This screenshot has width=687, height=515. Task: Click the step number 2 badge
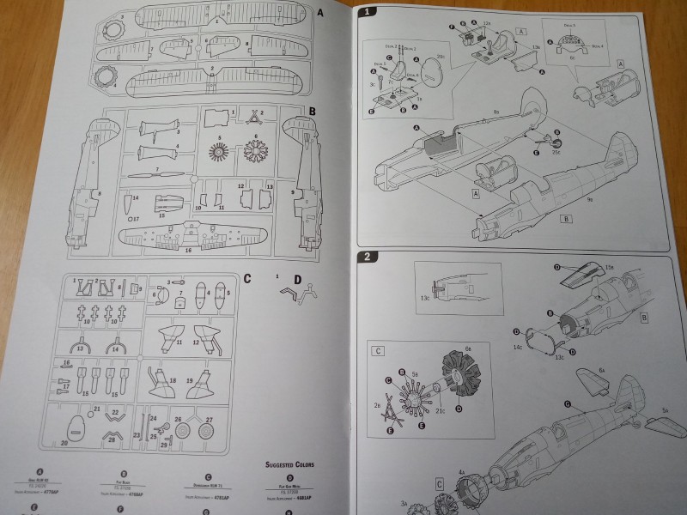[367, 257]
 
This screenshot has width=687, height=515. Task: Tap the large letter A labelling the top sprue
[320, 13]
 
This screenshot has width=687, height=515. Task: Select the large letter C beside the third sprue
[247, 277]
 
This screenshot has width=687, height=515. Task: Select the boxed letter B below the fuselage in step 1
[565, 219]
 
